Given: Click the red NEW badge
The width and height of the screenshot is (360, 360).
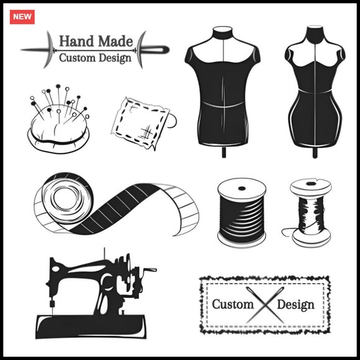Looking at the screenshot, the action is pyautogui.click(x=22, y=17).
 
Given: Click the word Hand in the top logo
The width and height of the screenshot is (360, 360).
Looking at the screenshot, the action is pyautogui.click(x=76, y=41).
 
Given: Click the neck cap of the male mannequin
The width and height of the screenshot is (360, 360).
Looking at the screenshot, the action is pyautogui.click(x=222, y=30).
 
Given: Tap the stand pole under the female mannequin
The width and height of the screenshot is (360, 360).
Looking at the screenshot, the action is pyautogui.click(x=315, y=152).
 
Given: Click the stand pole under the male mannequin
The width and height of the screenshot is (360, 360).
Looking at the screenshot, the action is pyautogui.click(x=224, y=151).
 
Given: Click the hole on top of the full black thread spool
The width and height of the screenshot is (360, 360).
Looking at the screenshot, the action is pyautogui.click(x=242, y=189).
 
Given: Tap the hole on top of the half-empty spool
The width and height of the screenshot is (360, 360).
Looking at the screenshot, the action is pyautogui.click(x=310, y=184).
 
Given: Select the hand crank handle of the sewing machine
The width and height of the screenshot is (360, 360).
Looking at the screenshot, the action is pyautogui.click(x=150, y=269).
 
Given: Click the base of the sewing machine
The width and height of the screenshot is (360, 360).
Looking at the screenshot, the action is pyautogui.click(x=91, y=326).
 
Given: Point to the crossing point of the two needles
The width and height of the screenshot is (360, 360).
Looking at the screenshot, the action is pyautogui.click(x=266, y=305).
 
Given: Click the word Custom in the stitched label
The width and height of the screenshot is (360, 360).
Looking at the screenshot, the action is pyautogui.click(x=233, y=304).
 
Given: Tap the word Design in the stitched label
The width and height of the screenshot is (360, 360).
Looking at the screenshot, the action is pyautogui.click(x=295, y=305).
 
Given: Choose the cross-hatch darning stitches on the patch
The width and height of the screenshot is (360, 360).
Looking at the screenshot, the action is pyautogui.click(x=146, y=133).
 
